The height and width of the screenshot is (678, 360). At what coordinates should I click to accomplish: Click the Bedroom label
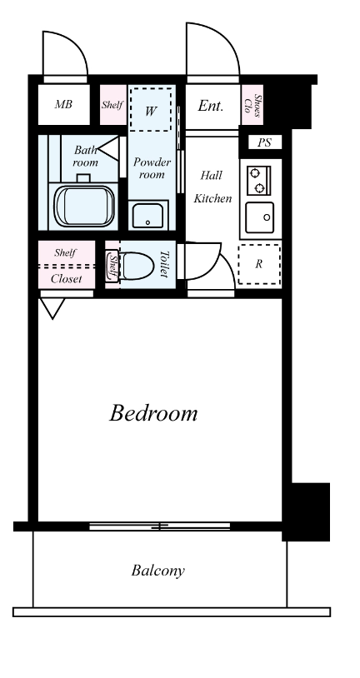[x=153, y=413]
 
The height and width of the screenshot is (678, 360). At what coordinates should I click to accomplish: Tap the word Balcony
[x=158, y=571]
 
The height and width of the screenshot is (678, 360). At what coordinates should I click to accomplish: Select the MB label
[x=63, y=104]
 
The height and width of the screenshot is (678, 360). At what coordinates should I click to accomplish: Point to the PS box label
[x=264, y=142]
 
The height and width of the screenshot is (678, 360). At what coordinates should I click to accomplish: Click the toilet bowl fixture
[x=136, y=266]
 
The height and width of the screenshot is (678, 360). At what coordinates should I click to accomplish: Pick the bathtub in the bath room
[x=84, y=206]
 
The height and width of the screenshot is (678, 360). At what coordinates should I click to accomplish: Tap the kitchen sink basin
[x=260, y=217]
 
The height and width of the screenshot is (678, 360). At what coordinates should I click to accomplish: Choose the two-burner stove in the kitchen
[x=258, y=180]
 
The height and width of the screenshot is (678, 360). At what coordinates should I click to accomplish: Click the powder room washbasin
[x=148, y=216]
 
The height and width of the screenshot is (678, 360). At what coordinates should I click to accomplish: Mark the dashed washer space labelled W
[x=151, y=110]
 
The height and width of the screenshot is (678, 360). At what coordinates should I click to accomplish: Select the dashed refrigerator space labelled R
[x=258, y=264]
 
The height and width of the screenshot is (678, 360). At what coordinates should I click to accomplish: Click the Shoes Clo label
[x=252, y=106]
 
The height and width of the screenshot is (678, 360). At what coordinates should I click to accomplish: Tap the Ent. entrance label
[x=211, y=106]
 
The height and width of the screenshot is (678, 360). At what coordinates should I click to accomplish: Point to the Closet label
[x=66, y=279]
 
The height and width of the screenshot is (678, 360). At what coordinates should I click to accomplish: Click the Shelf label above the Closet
[x=65, y=253]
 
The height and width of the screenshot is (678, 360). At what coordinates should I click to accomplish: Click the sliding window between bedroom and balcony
[x=160, y=526]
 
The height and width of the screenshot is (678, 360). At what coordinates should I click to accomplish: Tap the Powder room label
[x=152, y=168]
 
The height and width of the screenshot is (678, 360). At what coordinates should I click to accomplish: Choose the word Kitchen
[x=212, y=198]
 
